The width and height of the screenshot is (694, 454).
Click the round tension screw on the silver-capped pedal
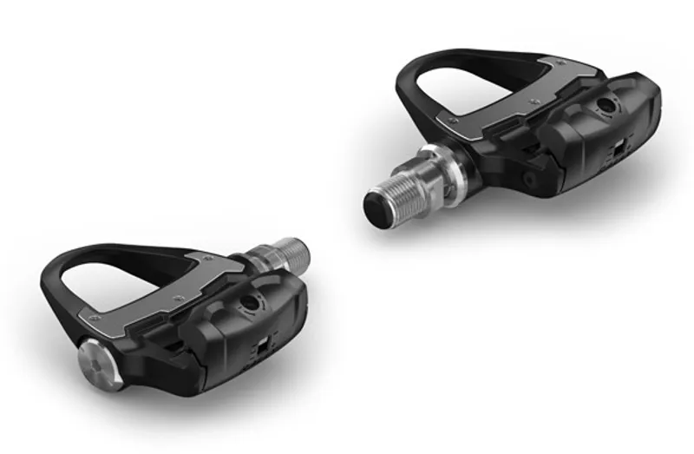click(252, 303)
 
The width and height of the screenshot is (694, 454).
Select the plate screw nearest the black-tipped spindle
click(453, 121)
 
